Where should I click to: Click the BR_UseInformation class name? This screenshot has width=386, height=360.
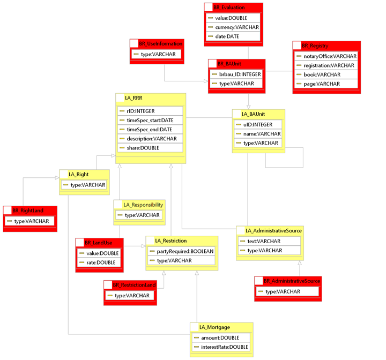(x=160, y=43)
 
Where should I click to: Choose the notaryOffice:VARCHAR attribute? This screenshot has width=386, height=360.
(x=329, y=56)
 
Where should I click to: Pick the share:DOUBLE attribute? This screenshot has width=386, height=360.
(x=143, y=148)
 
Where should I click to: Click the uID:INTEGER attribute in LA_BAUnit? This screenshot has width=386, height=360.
(x=258, y=124)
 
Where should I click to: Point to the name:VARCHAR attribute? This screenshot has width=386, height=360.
(x=262, y=133)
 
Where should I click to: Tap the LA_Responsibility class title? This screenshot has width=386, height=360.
(x=143, y=205)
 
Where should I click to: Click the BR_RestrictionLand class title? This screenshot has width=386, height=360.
(x=133, y=285)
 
